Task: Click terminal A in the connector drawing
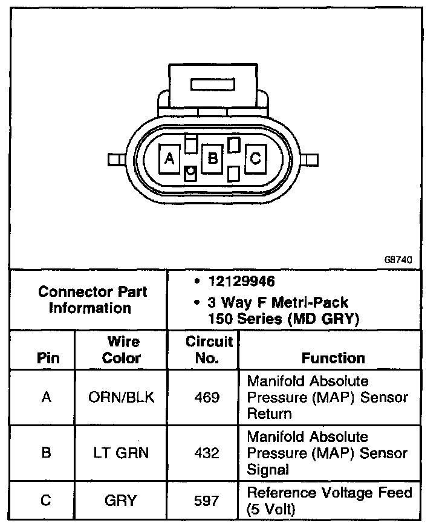click(x=170, y=159)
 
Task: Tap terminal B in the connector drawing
click(x=212, y=159)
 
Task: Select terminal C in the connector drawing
click(x=255, y=159)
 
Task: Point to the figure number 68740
click(x=398, y=259)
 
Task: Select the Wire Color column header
click(x=121, y=349)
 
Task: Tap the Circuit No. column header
click(x=209, y=349)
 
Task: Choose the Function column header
click(x=333, y=358)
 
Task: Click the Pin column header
click(x=48, y=358)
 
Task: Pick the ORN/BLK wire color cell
click(x=121, y=397)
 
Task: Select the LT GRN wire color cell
click(x=121, y=453)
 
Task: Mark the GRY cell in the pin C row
click(x=121, y=501)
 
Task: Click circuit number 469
click(x=207, y=397)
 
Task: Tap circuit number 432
click(x=207, y=453)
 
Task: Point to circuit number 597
click(x=207, y=501)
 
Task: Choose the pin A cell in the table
click(x=46, y=397)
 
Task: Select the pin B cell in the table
click(x=46, y=453)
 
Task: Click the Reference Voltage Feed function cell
click(x=330, y=501)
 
